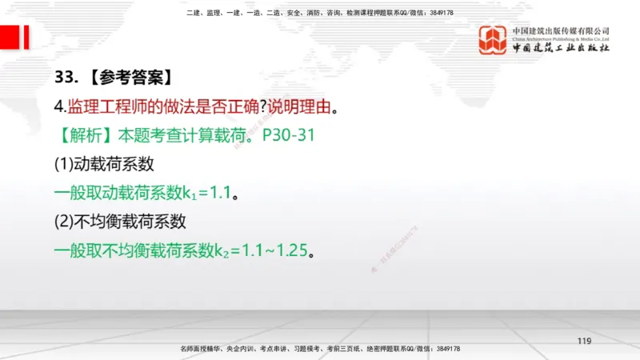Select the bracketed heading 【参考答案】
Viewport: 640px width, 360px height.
coord(128,78)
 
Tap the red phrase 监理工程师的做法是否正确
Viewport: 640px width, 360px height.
coord(164,106)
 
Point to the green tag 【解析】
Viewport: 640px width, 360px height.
coord(84,135)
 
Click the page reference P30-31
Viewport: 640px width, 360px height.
coord(289,135)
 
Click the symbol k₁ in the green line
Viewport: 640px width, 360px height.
coord(189,194)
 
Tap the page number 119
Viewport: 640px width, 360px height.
coord(583,342)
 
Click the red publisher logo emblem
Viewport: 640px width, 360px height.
coord(493,40)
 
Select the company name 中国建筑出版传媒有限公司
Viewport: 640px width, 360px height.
coord(561,31)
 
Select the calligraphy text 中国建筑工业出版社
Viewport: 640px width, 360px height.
coord(561,48)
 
